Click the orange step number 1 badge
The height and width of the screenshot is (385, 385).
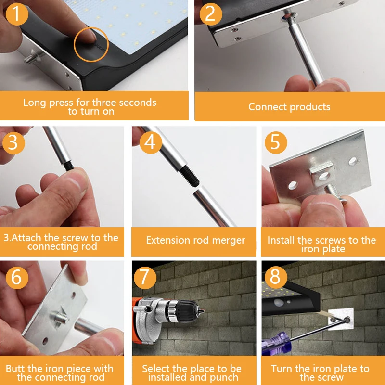tap(16, 14)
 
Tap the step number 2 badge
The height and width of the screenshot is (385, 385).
tap(210, 14)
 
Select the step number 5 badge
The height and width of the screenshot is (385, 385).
tap(276, 142)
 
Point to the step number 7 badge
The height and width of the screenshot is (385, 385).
tap(145, 278)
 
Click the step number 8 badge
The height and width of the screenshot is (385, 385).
tap(275, 277)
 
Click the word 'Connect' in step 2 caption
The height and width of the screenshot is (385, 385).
tap(267, 107)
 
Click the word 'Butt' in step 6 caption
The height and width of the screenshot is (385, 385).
tap(15, 369)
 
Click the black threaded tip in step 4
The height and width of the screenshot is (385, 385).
tap(189, 175)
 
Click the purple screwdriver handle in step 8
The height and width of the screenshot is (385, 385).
tap(277, 344)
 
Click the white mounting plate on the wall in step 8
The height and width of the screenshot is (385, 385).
tap(341, 319)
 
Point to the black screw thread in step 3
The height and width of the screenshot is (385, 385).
tap(68, 167)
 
